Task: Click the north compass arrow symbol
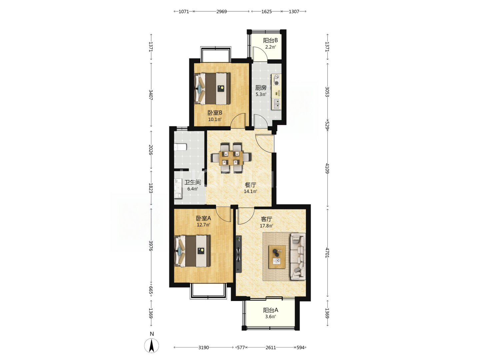151,345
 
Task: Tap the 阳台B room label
270,40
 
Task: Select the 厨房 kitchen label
261,88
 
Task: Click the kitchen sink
276,104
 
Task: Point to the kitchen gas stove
276,80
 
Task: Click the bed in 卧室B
212,89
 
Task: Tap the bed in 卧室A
192,251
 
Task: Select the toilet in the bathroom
180,147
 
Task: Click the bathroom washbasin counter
178,189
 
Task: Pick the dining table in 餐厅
231,158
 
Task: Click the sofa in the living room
298,256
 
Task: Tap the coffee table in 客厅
277,257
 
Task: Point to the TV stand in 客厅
239,254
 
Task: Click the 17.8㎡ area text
266,226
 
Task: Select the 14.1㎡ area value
250,191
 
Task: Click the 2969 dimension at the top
221,12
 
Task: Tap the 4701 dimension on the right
327,253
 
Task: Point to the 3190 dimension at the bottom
204,348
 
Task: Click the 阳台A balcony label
271,310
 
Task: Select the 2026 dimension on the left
150,150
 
